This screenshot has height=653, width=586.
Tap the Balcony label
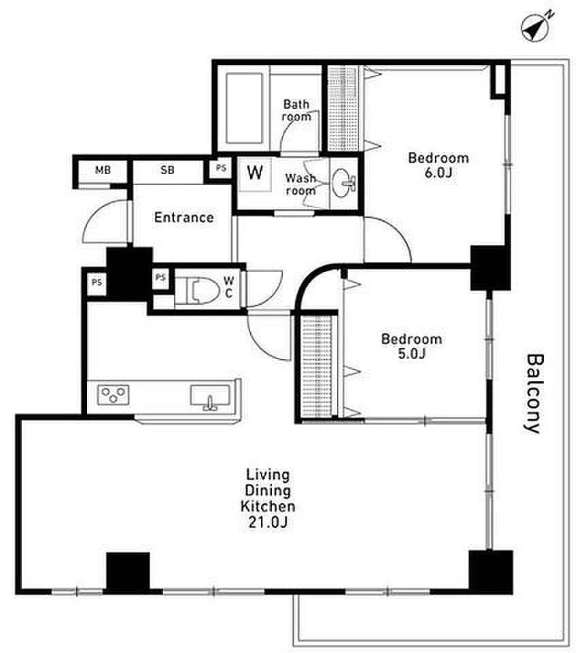click(x=533, y=394)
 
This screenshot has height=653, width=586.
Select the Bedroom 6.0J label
click(x=438, y=165)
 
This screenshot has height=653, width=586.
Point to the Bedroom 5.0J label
click(x=411, y=346)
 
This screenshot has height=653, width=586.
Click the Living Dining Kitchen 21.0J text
click(x=268, y=498)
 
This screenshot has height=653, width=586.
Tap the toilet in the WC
click(x=203, y=290)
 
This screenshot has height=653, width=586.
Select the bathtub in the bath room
click(x=244, y=108)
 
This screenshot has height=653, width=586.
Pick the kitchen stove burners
click(x=114, y=395)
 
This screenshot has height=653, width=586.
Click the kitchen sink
click(x=210, y=397)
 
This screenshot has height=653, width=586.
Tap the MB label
click(x=103, y=170)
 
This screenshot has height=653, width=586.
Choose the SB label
click(x=167, y=170)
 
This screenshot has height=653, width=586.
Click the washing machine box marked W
click(x=255, y=173)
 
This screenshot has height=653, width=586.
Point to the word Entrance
click(x=184, y=218)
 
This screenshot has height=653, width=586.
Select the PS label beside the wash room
click(x=221, y=168)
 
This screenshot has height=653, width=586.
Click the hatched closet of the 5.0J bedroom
click(x=316, y=366)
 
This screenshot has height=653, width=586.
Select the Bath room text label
click(x=296, y=110)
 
